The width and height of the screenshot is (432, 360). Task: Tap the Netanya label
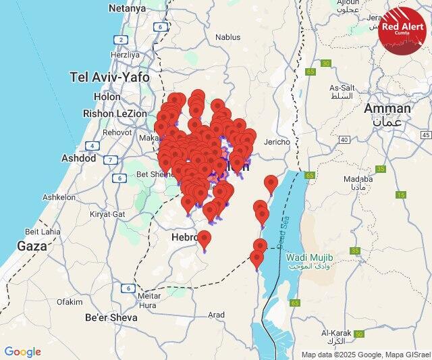pos(126,9)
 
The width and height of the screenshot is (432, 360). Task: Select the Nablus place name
pos(227,38)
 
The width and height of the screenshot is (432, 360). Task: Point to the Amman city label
pos(387,108)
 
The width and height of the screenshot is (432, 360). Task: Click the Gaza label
pos(32,246)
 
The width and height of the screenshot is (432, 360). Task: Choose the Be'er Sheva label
pos(111,317)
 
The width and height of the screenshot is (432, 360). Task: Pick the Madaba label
pos(358,179)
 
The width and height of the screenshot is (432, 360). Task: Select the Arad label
pos(216,315)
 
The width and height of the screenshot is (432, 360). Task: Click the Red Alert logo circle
pos(402,28)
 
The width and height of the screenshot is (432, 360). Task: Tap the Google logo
pos(22,352)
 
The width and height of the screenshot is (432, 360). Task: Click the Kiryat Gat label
pos(108,213)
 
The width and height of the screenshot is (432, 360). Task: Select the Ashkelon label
pos(59,197)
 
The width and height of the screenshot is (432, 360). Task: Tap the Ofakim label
pos(69,301)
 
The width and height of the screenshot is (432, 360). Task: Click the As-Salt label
pos(342,88)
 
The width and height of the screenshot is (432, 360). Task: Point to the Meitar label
pos(148,296)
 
